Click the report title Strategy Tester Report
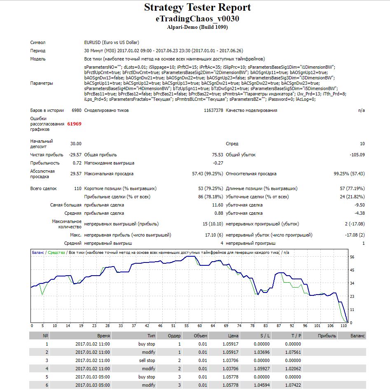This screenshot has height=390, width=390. click(x=198, y=8)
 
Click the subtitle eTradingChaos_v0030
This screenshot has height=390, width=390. click(x=198, y=19)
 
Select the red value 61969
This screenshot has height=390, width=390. click(x=74, y=124)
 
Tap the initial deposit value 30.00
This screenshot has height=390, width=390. click(x=76, y=144)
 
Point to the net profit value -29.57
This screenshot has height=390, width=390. click(x=75, y=155)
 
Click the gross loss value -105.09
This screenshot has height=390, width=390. click(x=357, y=155)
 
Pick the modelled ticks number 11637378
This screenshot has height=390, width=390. click(x=213, y=110)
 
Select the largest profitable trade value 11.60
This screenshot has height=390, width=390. click(x=217, y=205)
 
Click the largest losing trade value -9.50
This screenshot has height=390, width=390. click(x=360, y=205)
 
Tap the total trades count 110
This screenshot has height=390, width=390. click(x=78, y=188)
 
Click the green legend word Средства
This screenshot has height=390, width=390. click(x=56, y=253)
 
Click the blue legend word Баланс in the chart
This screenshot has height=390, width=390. click(x=38, y=253)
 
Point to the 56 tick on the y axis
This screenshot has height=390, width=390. click(x=352, y=257)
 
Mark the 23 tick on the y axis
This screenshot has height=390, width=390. click(x=352, y=296)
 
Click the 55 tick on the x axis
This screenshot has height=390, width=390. click(x=187, y=325)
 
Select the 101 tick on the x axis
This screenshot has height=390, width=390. click(x=317, y=325)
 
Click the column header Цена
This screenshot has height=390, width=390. click(x=233, y=336)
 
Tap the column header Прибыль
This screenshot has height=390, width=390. click(x=327, y=336)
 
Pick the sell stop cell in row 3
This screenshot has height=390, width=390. click(x=147, y=360)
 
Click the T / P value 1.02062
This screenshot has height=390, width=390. click(x=293, y=369)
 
